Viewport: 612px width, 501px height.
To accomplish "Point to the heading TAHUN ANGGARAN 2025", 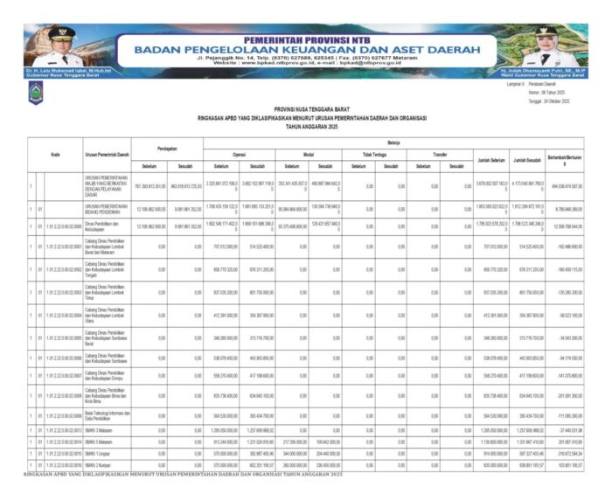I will (305, 126).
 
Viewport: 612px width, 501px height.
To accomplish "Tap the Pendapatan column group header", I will (169, 148).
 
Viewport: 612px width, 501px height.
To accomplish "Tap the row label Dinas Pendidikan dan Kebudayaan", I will (107, 226).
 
